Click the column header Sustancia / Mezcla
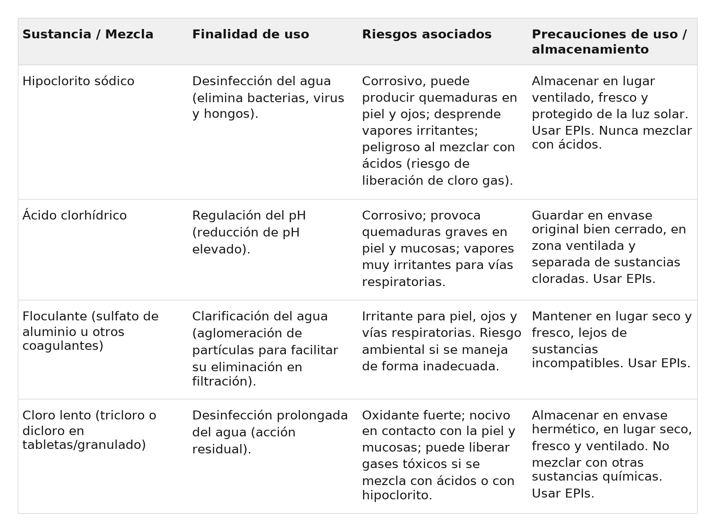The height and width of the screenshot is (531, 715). pyautogui.click(x=88, y=34)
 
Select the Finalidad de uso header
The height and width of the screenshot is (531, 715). pyautogui.click(x=250, y=34)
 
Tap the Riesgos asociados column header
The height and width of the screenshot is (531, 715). pyautogui.click(x=426, y=34)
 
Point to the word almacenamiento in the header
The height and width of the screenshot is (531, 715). pyautogui.click(x=590, y=50)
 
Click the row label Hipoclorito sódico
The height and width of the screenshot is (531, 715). pyautogui.click(x=78, y=81)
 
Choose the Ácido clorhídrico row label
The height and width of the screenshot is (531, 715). pyautogui.click(x=75, y=216)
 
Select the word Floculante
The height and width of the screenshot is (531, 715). pyautogui.click(x=55, y=316)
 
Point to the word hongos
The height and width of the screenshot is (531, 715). pyautogui.click(x=225, y=114)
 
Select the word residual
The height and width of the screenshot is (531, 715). pyautogui.click(x=221, y=449)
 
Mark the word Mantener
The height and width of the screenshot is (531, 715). pyautogui.click(x=561, y=316)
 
